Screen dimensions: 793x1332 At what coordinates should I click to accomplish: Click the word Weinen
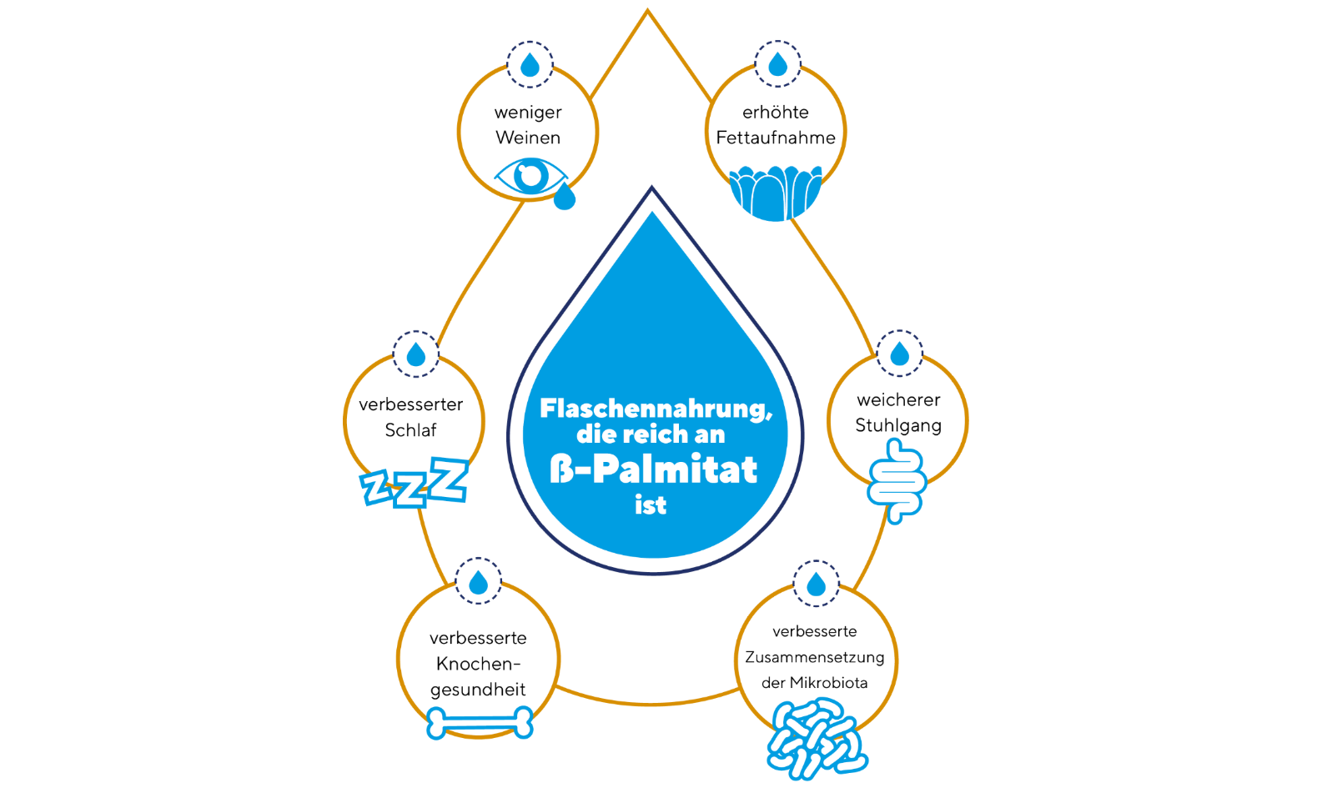[528, 138]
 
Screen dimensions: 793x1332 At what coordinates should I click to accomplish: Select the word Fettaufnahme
[776, 138]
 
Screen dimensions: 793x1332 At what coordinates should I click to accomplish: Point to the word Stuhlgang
[898, 425]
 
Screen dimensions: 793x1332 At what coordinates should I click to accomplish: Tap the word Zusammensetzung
[815, 657]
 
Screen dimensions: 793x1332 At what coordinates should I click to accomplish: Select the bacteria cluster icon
[816, 739]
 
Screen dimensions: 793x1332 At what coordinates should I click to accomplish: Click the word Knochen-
[478, 664]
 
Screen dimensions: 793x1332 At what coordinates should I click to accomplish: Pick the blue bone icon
[480, 723]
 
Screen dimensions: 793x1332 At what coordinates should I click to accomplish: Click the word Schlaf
[410, 430]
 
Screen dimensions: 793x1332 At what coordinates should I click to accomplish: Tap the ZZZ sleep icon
[415, 483]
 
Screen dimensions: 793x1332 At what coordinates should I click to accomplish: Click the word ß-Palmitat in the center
[653, 469]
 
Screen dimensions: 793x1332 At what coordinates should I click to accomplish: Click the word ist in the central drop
[651, 505]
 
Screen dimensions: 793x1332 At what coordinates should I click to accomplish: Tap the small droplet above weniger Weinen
[530, 65]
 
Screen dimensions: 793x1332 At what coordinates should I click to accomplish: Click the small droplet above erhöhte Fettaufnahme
[777, 64]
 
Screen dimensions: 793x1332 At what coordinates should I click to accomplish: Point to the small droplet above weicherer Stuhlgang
[899, 354]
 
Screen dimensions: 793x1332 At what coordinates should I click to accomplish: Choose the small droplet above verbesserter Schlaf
[415, 355]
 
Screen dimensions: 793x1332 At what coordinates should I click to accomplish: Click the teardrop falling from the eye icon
[565, 197]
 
